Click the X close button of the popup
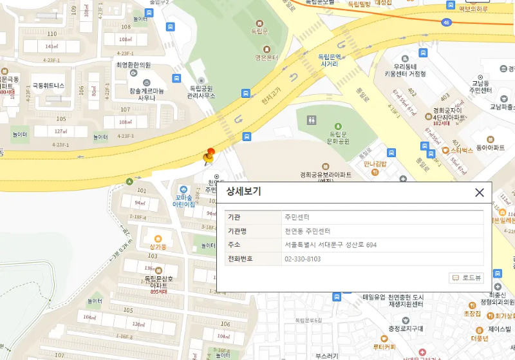pos(479,192)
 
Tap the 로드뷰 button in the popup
pos(467,278)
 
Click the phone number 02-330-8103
pos(303,259)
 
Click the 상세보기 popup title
pos(243,192)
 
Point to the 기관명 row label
pos(238,231)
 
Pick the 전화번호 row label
pos(241,259)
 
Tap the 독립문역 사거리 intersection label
pos(329,60)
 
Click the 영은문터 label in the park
pos(266,57)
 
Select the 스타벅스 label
pos(462,150)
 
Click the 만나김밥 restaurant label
pos(375,164)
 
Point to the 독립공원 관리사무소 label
pos(201,91)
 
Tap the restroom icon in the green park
pos(312,120)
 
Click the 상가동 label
pos(158,246)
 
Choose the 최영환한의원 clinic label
pos(133,65)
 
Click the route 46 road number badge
pos(446,23)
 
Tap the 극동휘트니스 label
pos(48,85)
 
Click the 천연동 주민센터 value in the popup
pos(307,231)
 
